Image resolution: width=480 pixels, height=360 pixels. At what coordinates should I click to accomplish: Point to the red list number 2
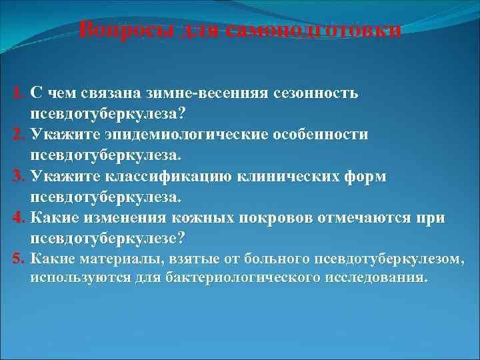(x=18, y=135)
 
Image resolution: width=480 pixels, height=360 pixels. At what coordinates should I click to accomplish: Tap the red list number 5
(x=18, y=259)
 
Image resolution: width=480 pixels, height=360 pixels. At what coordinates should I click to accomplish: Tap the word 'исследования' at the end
(x=376, y=277)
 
